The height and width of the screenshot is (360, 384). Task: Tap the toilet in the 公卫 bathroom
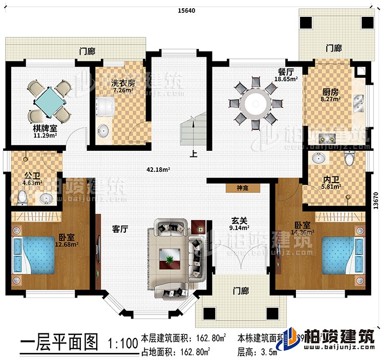[x=22, y=196]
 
